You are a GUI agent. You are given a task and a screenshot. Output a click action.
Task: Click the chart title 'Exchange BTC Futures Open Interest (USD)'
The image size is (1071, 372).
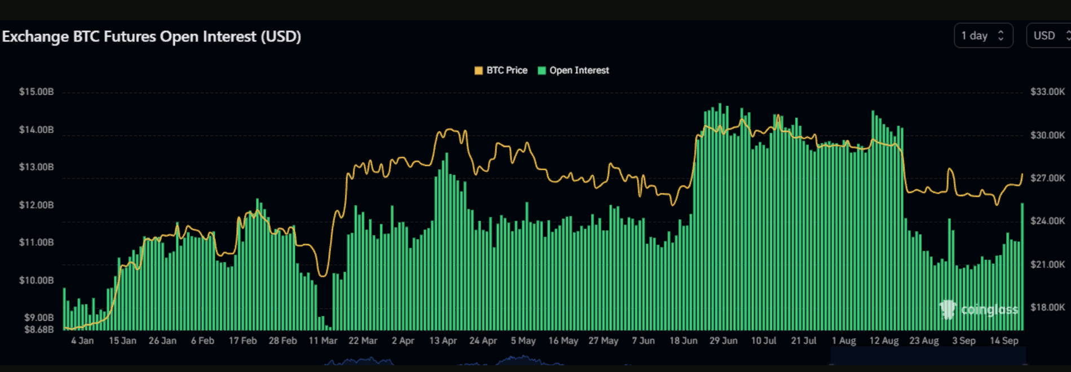(x=151, y=37)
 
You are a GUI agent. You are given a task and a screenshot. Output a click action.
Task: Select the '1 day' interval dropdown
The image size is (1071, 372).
(x=982, y=36)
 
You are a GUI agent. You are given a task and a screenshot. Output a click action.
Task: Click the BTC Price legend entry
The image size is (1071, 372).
(x=501, y=70)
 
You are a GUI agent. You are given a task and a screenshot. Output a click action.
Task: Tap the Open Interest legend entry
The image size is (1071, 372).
(x=574, y=70)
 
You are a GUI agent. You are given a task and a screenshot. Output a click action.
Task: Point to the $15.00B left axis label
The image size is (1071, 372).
(x=37, y=92)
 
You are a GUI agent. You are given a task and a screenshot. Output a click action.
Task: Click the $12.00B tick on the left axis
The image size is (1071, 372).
(x=37, y=205)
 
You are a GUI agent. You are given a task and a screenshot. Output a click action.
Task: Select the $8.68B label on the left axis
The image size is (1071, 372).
(x=39, y=329)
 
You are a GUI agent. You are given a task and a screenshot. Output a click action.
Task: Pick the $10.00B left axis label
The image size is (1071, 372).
(x=37, y=281)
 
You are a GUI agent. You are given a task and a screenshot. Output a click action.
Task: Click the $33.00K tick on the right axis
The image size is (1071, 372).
(x=1047, y=92)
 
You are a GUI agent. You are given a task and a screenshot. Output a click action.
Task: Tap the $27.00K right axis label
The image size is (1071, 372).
(x=1047, y=178)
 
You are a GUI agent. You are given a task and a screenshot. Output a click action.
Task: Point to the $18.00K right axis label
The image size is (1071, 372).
(x=1047, y=307)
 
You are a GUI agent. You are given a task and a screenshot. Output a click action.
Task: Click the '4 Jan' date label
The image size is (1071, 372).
(x=82, y=341)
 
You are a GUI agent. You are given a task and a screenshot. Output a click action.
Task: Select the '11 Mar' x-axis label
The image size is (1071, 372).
(x=323, y=341)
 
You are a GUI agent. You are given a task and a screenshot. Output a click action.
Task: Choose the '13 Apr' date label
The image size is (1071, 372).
(x=443, y=341)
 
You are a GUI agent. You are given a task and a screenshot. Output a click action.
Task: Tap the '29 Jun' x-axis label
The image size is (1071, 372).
(x=723, y=341)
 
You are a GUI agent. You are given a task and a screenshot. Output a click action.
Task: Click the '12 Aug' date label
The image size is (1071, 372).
(x=884, y=341)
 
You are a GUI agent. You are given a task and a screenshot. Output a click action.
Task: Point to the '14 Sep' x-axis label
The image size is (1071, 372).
(x=1004, y=341)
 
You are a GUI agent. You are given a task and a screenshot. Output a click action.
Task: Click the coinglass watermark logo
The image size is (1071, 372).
(x=979, y=309)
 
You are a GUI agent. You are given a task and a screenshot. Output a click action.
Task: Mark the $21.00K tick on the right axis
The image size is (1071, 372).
(x=1047, y=264)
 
